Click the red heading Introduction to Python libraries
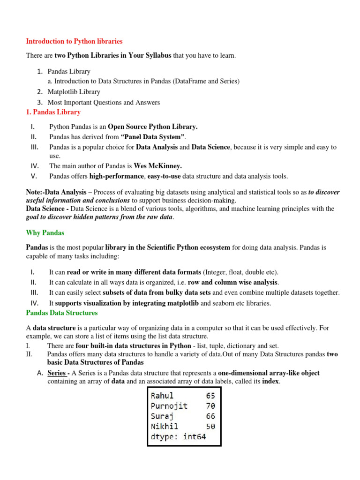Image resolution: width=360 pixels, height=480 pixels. [74, 41]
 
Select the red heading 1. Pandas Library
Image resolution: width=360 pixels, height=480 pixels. [53, 112]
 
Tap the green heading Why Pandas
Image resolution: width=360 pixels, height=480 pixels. [45, 232]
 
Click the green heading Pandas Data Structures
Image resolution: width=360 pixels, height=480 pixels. [62, 313]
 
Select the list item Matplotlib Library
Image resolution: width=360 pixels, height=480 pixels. [74, 92]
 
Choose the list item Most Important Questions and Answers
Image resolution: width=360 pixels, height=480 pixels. [104, 102]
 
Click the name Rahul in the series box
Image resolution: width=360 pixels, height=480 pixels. [162, 396]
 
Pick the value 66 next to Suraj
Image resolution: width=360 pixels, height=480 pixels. [210, 416]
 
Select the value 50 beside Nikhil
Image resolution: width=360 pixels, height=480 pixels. [210, 427]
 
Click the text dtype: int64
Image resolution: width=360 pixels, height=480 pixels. [179, 437]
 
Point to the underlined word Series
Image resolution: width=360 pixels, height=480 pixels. [57, 373]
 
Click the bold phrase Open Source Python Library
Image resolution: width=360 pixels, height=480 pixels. [153, 127]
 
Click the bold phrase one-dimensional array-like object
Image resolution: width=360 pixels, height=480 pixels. [269, 373]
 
